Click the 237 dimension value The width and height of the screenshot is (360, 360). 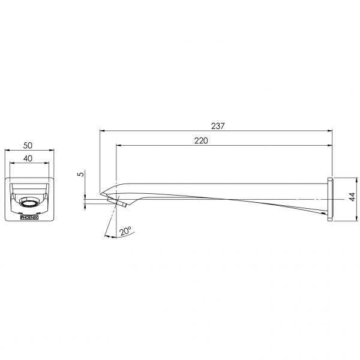click(x=218, y=126)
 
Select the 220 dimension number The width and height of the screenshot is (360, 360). click(x=201, y=140)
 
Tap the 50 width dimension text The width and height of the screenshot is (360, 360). click(x=28, y=145)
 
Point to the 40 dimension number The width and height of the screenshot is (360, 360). click(x=28, y=158)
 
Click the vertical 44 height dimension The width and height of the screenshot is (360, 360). click(x=352, y=197)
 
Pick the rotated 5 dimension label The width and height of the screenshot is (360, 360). click(x=81, y=174)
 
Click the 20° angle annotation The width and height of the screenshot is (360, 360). click(x=125, y=231)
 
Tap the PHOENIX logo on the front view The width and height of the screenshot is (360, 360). click(x=29, y=217)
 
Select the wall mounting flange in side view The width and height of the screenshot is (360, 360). click(x=330, y=199)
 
